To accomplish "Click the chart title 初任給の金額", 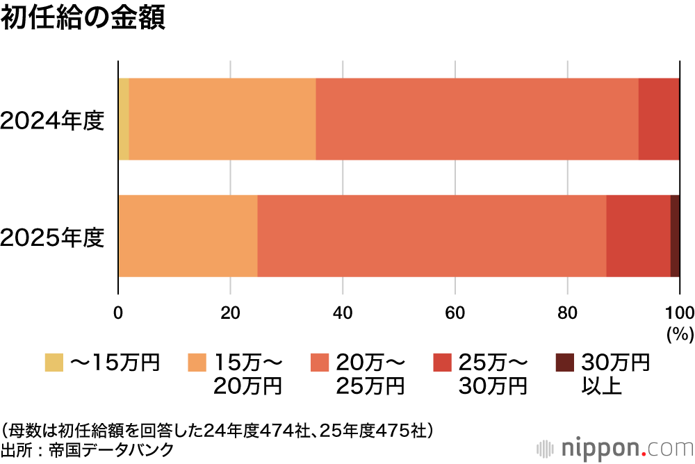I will click(x=83, y=18).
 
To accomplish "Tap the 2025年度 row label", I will click(x=53, y=238).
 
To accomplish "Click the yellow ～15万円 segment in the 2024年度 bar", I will click(x=124, y=119).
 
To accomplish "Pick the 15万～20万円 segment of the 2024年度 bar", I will click(x=222, y=119).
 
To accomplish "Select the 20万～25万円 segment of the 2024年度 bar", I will click(x=477, y=119).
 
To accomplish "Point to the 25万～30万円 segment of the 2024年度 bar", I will click(x=658, y=119).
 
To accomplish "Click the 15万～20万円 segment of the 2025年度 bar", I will click(x=188, y=236).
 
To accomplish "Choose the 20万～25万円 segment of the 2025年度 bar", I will click(x=432, y=236).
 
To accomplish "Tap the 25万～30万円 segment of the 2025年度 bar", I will click(x=638, y=236).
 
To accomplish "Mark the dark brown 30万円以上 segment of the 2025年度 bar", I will click(x=675, y=236).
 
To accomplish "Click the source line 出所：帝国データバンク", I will click(x=88, y=449).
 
